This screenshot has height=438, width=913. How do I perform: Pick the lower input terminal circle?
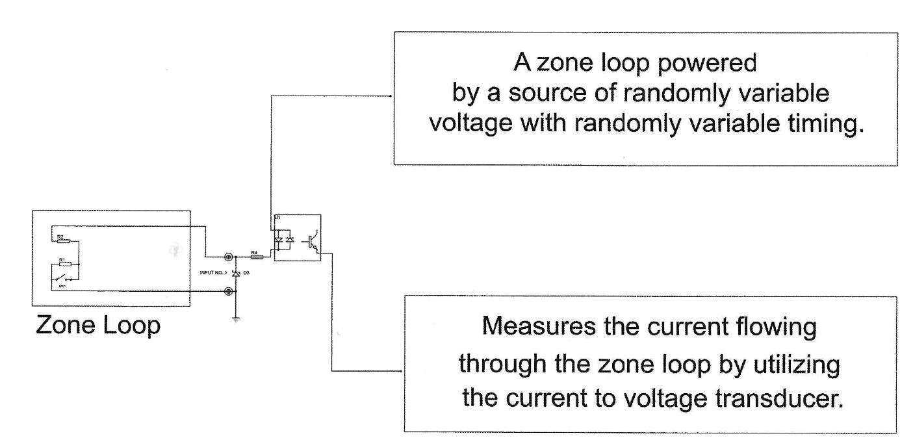click(x=228, y=292)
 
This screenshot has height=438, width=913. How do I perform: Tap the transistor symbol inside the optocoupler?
click(x=314, y=241)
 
